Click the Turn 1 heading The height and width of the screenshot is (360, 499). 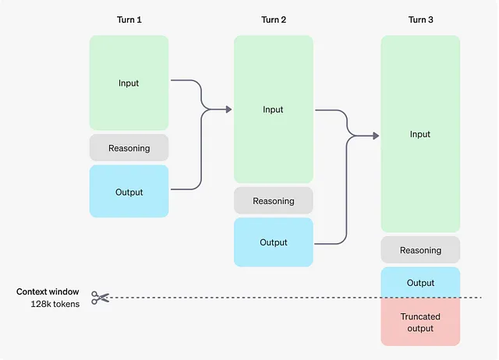coord(129,19)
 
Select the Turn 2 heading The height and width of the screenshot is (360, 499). coord(274,19)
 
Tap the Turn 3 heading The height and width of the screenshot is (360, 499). coord(421,19)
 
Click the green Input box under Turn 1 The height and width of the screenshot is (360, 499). coord(129,83)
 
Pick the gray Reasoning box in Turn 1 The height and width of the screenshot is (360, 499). coord(129,148)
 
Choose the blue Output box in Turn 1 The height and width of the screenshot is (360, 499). coord(129,192)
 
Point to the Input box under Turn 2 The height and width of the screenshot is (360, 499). coord(274,109)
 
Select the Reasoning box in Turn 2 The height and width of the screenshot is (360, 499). coord(274,201)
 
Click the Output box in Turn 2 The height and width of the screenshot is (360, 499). coord(274,242)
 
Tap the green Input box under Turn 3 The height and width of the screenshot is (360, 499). coord(420,134)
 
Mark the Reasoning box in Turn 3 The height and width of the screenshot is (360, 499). coord(420,250)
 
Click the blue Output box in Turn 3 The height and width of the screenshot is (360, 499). coord(420,282)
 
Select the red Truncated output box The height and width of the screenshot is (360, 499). coord(420,322)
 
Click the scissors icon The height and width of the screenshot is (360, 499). coord(101,298)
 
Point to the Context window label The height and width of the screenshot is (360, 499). coord(48,291)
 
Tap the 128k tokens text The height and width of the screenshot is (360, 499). coord(55,304)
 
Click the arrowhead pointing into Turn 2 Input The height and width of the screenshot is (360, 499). coord(228,109)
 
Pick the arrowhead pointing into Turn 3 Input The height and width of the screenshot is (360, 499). coord(376,136)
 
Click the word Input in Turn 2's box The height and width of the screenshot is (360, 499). coord(273,109)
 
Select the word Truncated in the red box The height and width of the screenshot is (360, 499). coord(420,316)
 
